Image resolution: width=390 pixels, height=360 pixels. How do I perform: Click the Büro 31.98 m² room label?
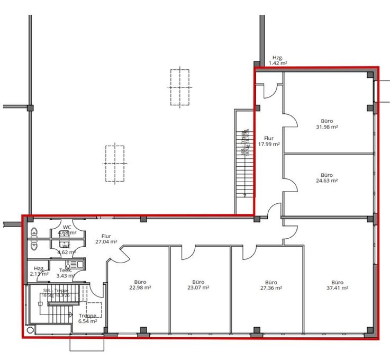(326, 123)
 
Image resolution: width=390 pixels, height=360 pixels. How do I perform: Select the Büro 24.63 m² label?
(326, 177)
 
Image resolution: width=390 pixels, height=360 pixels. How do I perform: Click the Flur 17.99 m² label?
(269, 141)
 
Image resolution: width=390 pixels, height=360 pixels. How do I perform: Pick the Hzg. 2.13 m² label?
(39, 271)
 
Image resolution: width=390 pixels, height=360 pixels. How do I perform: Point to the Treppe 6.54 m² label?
(87, 318)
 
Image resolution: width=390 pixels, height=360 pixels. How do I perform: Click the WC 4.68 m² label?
(67, 230)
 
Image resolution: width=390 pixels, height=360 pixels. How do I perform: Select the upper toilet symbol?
(34, 232)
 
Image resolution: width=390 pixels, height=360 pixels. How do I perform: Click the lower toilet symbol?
(34, 246)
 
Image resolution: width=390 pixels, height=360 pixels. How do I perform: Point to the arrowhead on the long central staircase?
(244, 195)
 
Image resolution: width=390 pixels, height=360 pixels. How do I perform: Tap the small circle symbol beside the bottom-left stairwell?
(31, 328)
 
